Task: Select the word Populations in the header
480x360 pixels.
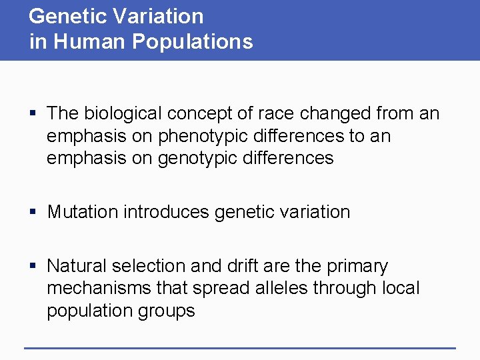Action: click(193, 41)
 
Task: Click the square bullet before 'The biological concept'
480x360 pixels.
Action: click(33, 114)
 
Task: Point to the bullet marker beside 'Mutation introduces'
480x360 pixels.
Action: click(33, 213)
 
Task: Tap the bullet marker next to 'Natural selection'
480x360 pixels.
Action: click(33, 267)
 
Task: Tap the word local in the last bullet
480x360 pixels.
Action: click(401, 288)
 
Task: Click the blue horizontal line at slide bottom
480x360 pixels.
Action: click(239, 347)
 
